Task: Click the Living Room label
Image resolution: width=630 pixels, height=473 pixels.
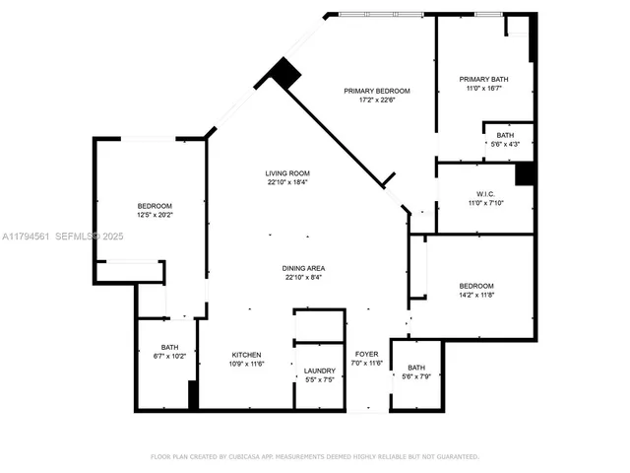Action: pos(286,173)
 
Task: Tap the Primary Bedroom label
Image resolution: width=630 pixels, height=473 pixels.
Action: pos(376,90)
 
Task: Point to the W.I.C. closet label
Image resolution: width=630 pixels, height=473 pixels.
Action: pos(485,193)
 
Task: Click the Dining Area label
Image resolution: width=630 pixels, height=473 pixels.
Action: pos(305,267)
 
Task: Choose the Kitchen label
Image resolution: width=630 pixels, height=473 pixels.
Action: pos(246,354)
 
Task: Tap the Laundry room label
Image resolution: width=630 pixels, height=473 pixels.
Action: pos(320,371)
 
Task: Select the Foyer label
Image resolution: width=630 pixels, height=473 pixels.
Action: pos(367,354)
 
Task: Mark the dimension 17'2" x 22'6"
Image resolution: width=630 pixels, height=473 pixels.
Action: pos(376,99)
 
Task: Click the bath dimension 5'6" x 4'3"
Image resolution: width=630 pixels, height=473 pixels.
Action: pos(505,145)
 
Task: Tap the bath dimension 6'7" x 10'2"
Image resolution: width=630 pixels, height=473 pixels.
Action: pos(170,356)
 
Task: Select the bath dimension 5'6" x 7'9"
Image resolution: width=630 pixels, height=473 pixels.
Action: pos(416,376)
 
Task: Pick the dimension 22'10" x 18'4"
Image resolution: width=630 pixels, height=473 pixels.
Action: pos(286,182)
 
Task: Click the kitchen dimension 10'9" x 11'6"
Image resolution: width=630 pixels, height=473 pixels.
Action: pos(246,364)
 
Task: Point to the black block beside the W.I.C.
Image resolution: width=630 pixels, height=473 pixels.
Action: pos(526,173)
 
